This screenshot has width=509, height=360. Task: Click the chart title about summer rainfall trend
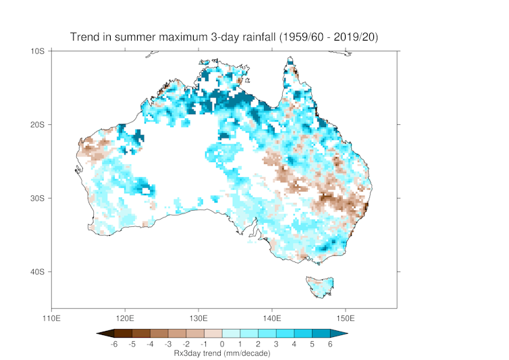(224, 36)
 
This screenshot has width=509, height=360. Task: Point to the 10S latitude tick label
(36, 51)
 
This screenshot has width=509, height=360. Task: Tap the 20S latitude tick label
(36, 124)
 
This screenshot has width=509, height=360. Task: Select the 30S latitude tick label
(36, 198)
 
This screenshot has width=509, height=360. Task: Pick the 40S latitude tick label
(36, 272)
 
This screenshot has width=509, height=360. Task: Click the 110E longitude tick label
(51, 317)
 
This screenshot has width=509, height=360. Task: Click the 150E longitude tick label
(345, 317)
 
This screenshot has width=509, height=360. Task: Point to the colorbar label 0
(221, 344)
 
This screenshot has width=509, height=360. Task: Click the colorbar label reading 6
(330, 344)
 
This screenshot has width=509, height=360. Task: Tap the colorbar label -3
(167, 344)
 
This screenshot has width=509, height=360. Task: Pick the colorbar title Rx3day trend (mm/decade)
(221, 353)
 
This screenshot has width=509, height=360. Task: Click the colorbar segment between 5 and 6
(321, 333)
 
